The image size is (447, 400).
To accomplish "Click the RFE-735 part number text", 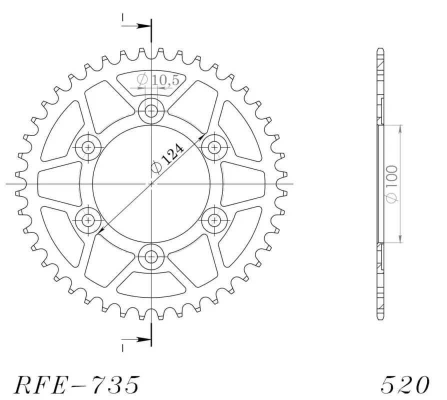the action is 77,384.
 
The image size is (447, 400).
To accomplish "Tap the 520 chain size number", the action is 405,384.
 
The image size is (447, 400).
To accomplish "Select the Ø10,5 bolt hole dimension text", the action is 158,79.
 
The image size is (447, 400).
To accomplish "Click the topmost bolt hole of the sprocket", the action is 151,111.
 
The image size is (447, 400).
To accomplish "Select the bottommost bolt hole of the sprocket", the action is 151,257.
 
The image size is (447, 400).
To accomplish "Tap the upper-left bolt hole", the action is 88,147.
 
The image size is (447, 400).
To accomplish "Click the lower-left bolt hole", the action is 88,220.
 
